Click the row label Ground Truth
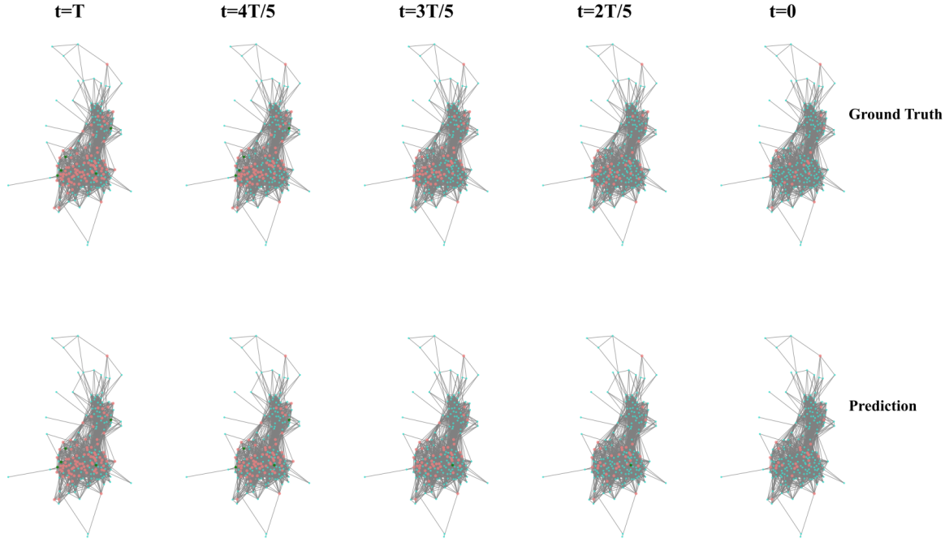point(895,114)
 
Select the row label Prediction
point(882,405)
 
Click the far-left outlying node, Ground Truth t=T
point(8,185)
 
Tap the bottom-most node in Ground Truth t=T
point(87,243)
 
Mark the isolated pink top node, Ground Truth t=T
point(106,64)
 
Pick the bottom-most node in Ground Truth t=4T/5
point(265,243)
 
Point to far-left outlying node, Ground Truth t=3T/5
point(365,185)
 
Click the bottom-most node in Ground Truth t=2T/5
point(623,243)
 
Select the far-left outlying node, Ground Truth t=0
point(722,185)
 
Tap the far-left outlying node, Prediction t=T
point(8,476)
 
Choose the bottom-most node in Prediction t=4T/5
point(265,535)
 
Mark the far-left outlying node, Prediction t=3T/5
point(365,476)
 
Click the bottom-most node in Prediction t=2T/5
point(623,535)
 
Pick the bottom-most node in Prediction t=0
point(801,535)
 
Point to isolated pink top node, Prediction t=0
point(821,355)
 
